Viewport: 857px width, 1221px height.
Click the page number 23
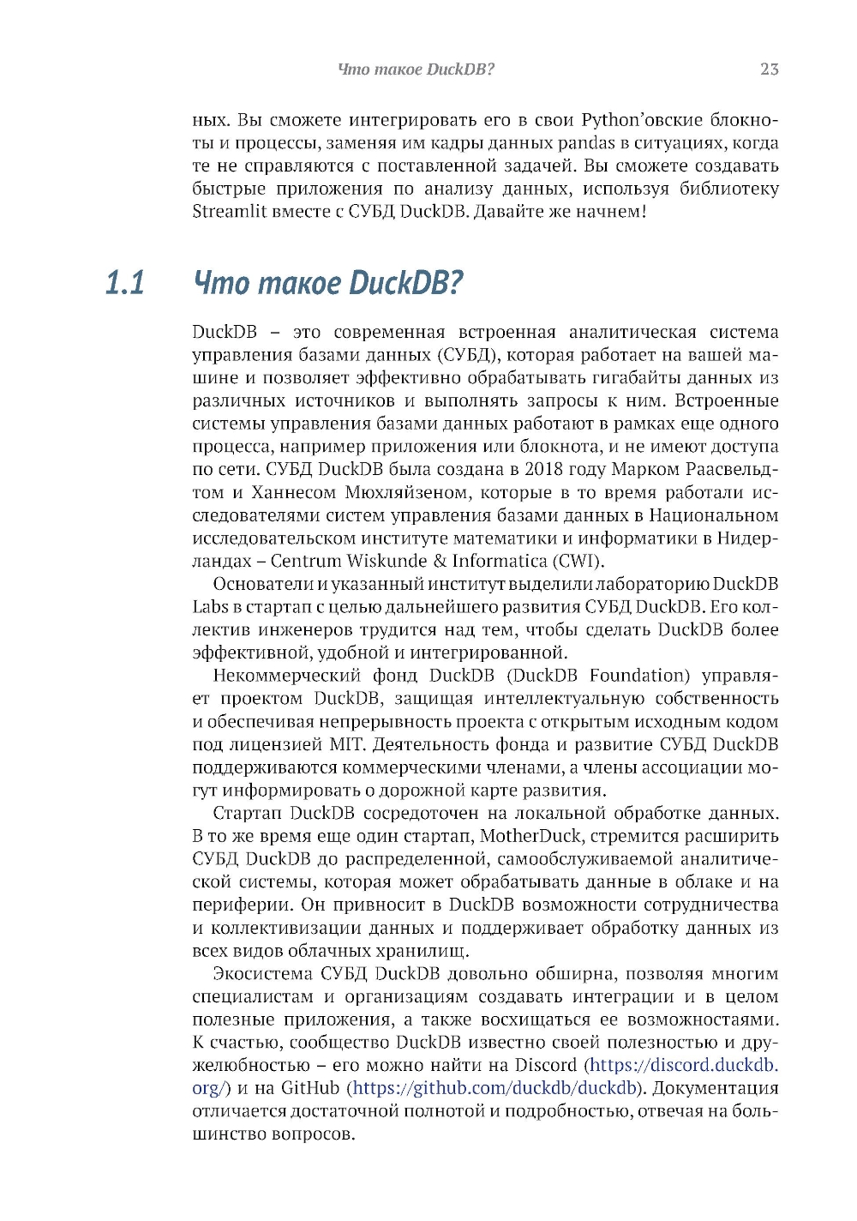coord(769,69)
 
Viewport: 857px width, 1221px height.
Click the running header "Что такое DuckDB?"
coord(417,69)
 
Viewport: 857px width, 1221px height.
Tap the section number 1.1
coord(125,282)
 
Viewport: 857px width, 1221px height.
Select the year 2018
coord(545,470)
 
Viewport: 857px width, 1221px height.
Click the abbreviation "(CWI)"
coord(578,562)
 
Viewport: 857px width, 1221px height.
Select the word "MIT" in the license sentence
coord(346,745)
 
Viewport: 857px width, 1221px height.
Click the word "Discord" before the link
coord(546,1066)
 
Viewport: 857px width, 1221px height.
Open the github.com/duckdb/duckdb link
coord(494,1089)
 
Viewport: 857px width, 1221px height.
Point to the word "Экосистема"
coord(262,974)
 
